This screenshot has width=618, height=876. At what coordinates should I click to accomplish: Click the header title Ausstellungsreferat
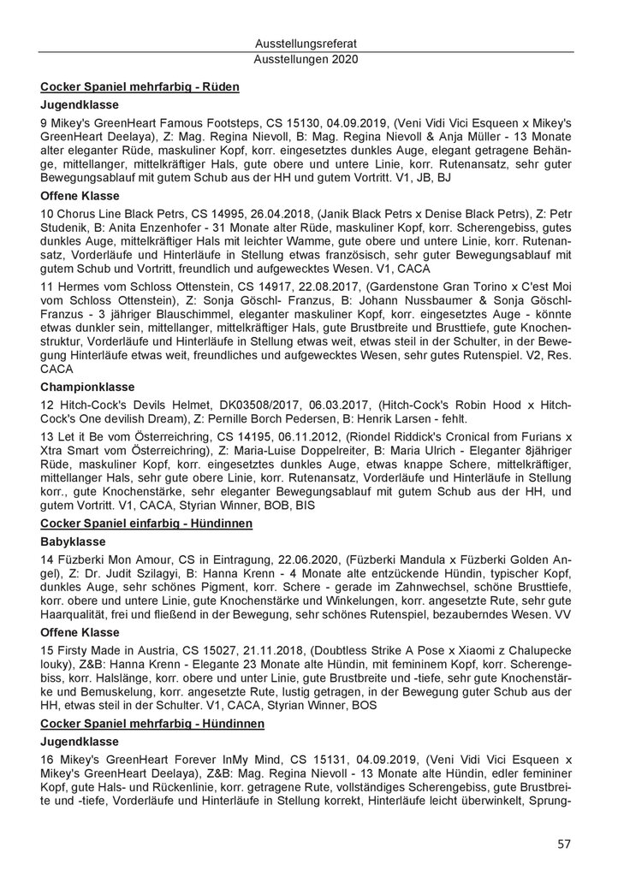(x=306, y=42)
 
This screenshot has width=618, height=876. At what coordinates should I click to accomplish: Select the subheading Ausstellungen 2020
(x=306, y=60)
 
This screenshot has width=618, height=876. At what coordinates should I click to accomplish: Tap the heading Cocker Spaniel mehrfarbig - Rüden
(x=140, y=86)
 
